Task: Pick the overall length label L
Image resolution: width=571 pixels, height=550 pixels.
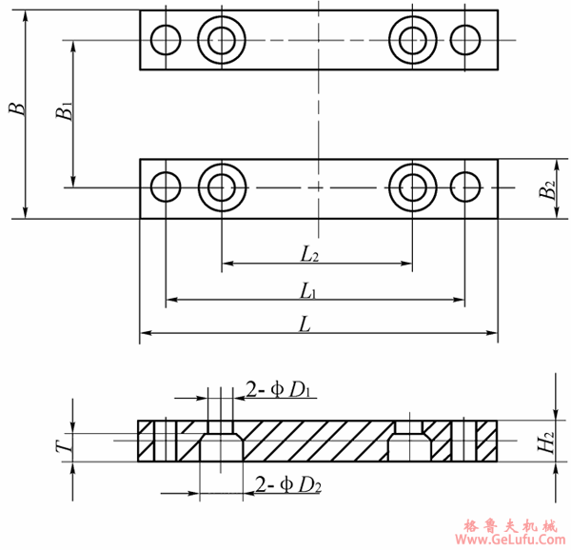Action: pyautogui.click(x=305, y=324)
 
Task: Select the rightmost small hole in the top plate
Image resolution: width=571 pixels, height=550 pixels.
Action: pyautogui.click(x=466, y=40)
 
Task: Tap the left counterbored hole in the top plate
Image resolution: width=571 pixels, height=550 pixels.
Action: pyautogui.click(x=223, y=40)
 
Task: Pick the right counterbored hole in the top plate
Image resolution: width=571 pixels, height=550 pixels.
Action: pyautogui.click(x=412, y=40)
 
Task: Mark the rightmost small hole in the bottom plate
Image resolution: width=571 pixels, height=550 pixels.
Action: pyautogui.click(x=466, y=187)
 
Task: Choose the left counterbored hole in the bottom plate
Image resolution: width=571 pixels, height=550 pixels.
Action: pyautogui.click(x=223, y=187)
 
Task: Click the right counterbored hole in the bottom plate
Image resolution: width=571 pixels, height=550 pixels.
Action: pyautogui.click(x=412, y=187)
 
